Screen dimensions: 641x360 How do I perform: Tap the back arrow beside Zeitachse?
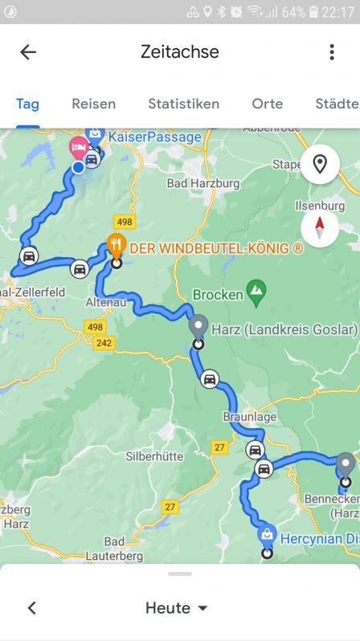pos(28,52)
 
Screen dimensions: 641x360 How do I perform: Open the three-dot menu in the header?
pos(331,52)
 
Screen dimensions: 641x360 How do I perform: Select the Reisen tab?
pos(93,104)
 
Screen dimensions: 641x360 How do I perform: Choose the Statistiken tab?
pos(183,104)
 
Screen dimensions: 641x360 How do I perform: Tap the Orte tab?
pos(267,104)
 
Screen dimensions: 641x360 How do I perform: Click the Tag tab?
pos(27,104)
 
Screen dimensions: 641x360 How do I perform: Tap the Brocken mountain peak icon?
pos(256,292)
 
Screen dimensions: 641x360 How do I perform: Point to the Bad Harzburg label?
pos(203,183)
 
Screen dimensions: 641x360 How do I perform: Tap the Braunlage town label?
pos(245,418)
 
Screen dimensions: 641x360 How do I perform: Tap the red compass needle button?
pos(319,229)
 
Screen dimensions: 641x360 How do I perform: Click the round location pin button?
pos(319,165)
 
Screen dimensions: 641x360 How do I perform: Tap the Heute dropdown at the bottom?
pos(177,608)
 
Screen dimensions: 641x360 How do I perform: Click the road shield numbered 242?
pos(104,343)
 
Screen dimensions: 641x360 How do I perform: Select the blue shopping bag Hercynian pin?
pos(267,534)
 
